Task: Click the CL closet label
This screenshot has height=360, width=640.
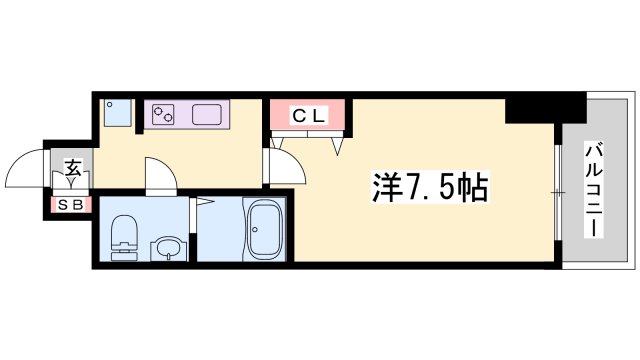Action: [309, 116]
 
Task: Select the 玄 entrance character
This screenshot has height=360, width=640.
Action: [73, 168]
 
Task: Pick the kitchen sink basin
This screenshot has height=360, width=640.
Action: [208, 115]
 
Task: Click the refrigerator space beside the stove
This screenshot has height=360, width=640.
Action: [117, 113]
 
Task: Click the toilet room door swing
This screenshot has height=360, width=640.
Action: [161, 174]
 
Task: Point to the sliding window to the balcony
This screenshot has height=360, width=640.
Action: [555, 190]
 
